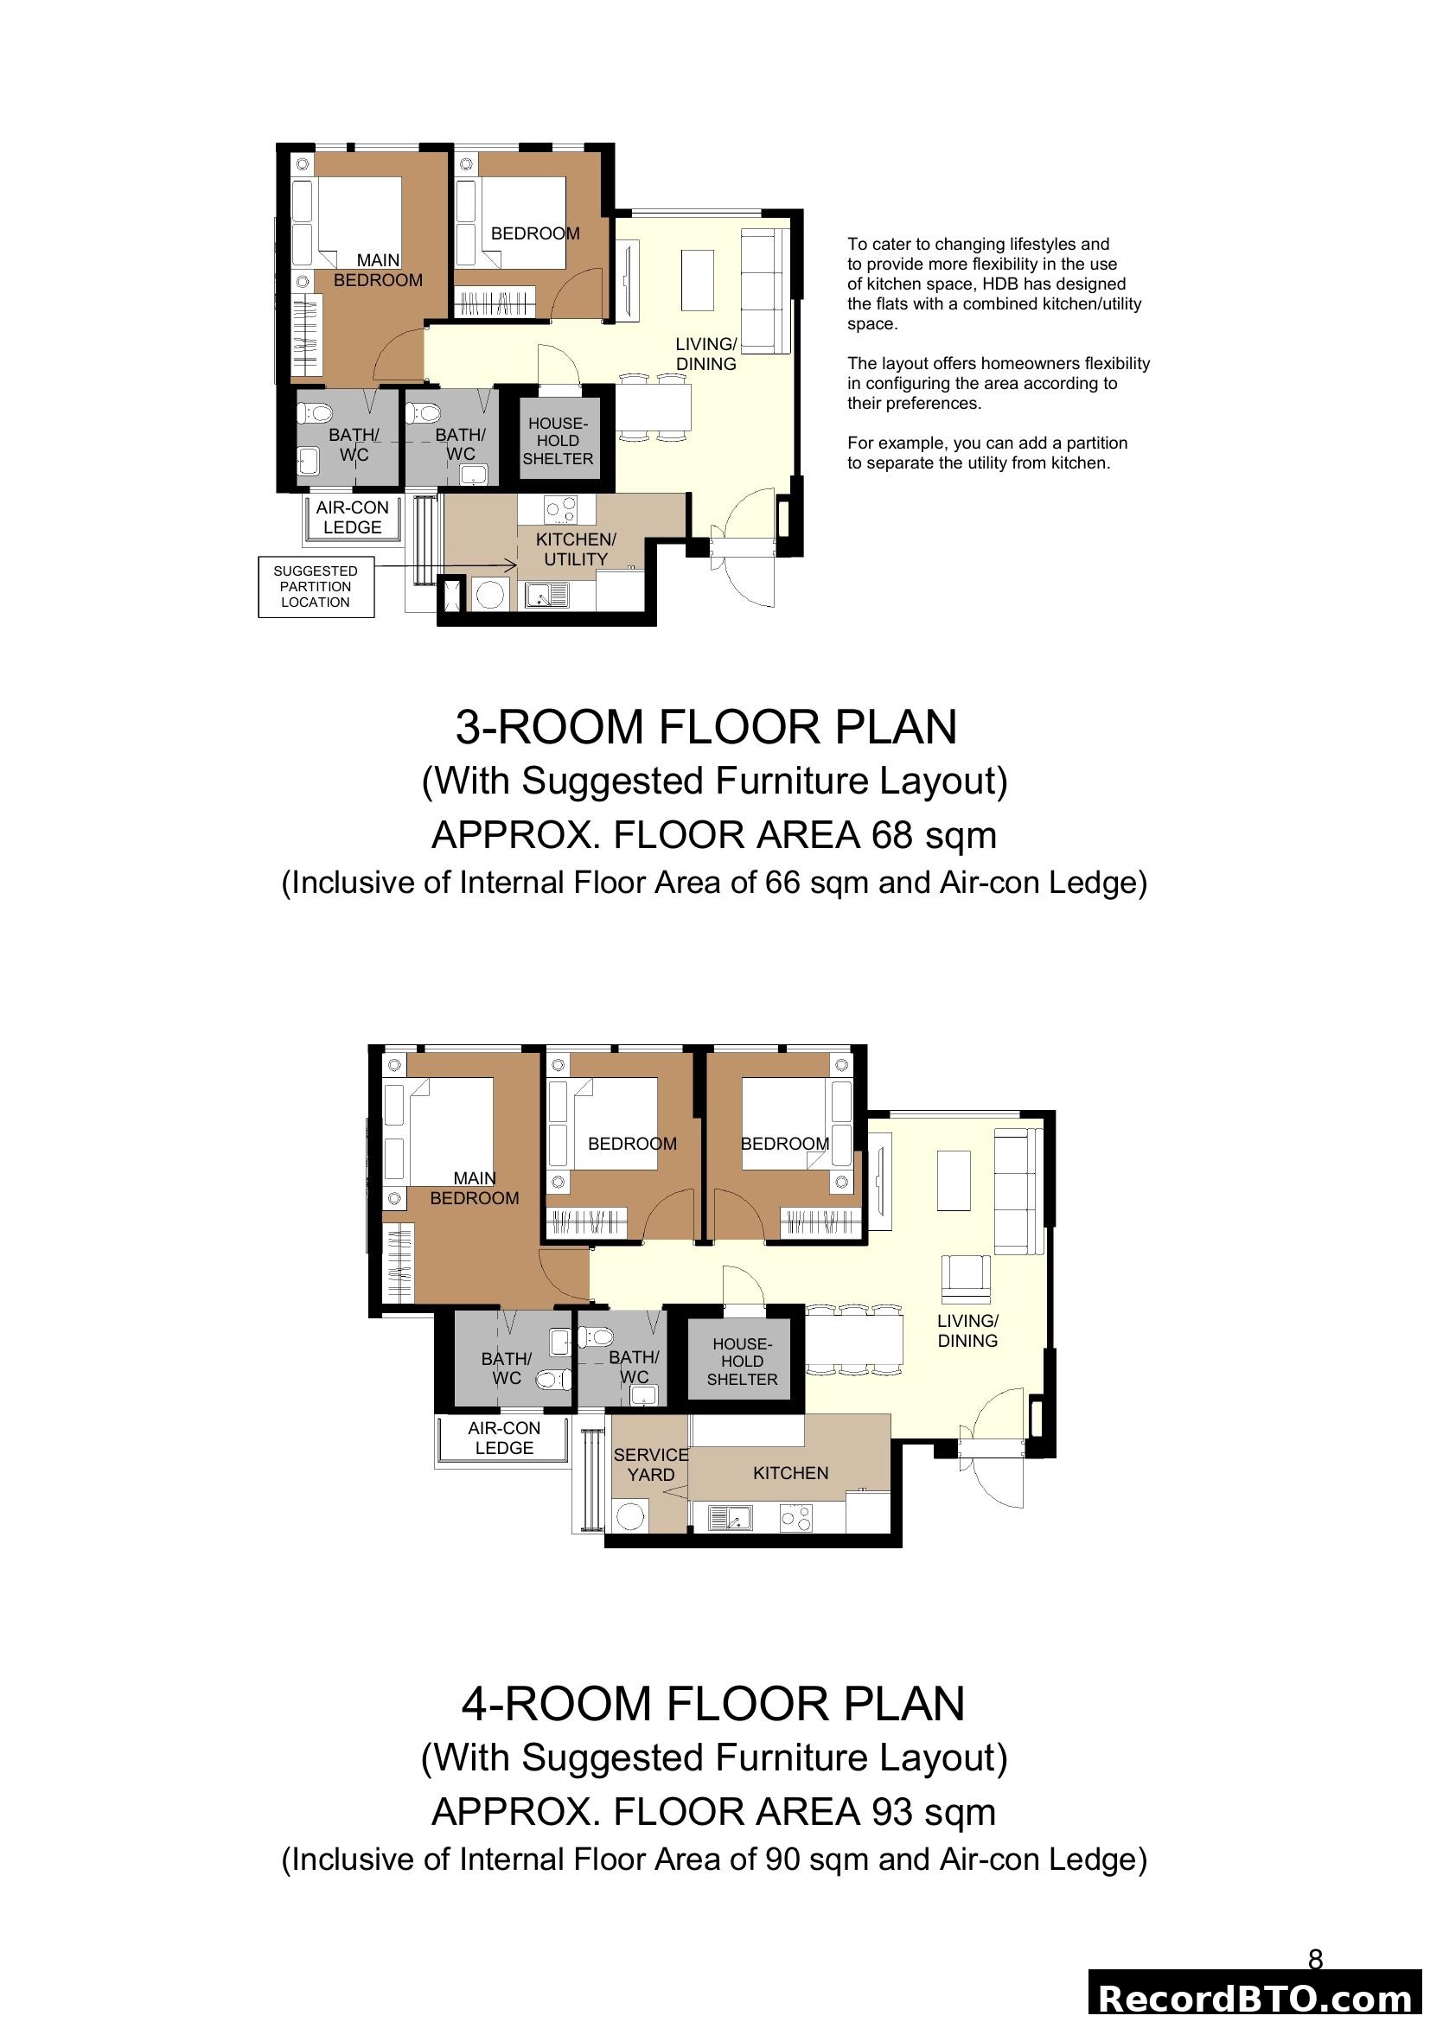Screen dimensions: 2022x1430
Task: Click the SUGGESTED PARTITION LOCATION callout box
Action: coord(316,586)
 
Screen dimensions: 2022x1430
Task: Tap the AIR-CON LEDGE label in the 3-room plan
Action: coord(352,517)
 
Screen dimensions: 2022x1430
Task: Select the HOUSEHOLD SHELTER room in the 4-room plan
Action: coord(742,1362)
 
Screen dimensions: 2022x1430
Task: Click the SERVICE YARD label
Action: coord(651,1464)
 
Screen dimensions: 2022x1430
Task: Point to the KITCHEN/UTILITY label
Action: coord(576,549)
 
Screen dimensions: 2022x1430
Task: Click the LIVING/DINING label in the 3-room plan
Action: coord(706,354)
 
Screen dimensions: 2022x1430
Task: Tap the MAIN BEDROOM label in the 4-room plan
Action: coord(474,1188)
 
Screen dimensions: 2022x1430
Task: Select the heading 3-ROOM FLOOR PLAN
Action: coord(705,726)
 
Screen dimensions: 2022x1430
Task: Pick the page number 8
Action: coord(1315,1960)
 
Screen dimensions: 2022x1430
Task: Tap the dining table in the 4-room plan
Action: coord(855,1339)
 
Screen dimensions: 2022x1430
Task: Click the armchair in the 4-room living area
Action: coord(966,1278)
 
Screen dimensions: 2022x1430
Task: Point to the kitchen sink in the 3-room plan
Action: coord(546,596)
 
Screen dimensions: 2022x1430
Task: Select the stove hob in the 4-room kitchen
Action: coord(796,1517)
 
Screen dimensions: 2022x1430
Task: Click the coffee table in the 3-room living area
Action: coord(698,280)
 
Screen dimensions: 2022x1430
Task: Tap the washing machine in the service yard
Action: coord(629,1516)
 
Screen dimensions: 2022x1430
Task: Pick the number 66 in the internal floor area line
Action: coord(782,883)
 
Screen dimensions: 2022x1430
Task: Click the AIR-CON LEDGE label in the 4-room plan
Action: coord(504,1438)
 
